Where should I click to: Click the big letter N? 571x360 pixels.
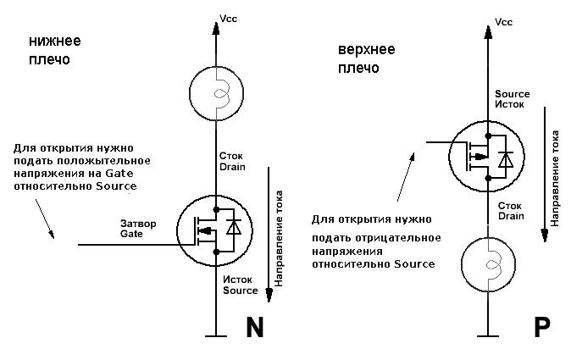coord(254,327)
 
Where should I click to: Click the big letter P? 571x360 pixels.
coord(542,327)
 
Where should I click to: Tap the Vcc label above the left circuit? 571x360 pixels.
coord(229,19)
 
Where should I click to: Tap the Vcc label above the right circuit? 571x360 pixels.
coord(503,22)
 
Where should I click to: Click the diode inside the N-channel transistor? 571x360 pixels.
coord(234,228)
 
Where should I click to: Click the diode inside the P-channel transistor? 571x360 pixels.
coord(506,159)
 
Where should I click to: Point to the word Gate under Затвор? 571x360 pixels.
coord(131,234)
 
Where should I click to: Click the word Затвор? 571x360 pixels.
coord(138,224)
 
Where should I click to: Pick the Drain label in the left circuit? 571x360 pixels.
coord(232,167)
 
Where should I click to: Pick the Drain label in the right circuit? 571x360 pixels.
coord(511,216)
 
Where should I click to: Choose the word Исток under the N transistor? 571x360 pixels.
coord(237,280)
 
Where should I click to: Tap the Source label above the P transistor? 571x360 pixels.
coord(513,94)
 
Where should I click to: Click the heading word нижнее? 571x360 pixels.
coord(55,41)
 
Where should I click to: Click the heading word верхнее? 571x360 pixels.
coord(366,49)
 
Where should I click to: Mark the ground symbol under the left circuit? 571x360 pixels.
coord(216,336)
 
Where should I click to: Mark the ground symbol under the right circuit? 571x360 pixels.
coord(488,336)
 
